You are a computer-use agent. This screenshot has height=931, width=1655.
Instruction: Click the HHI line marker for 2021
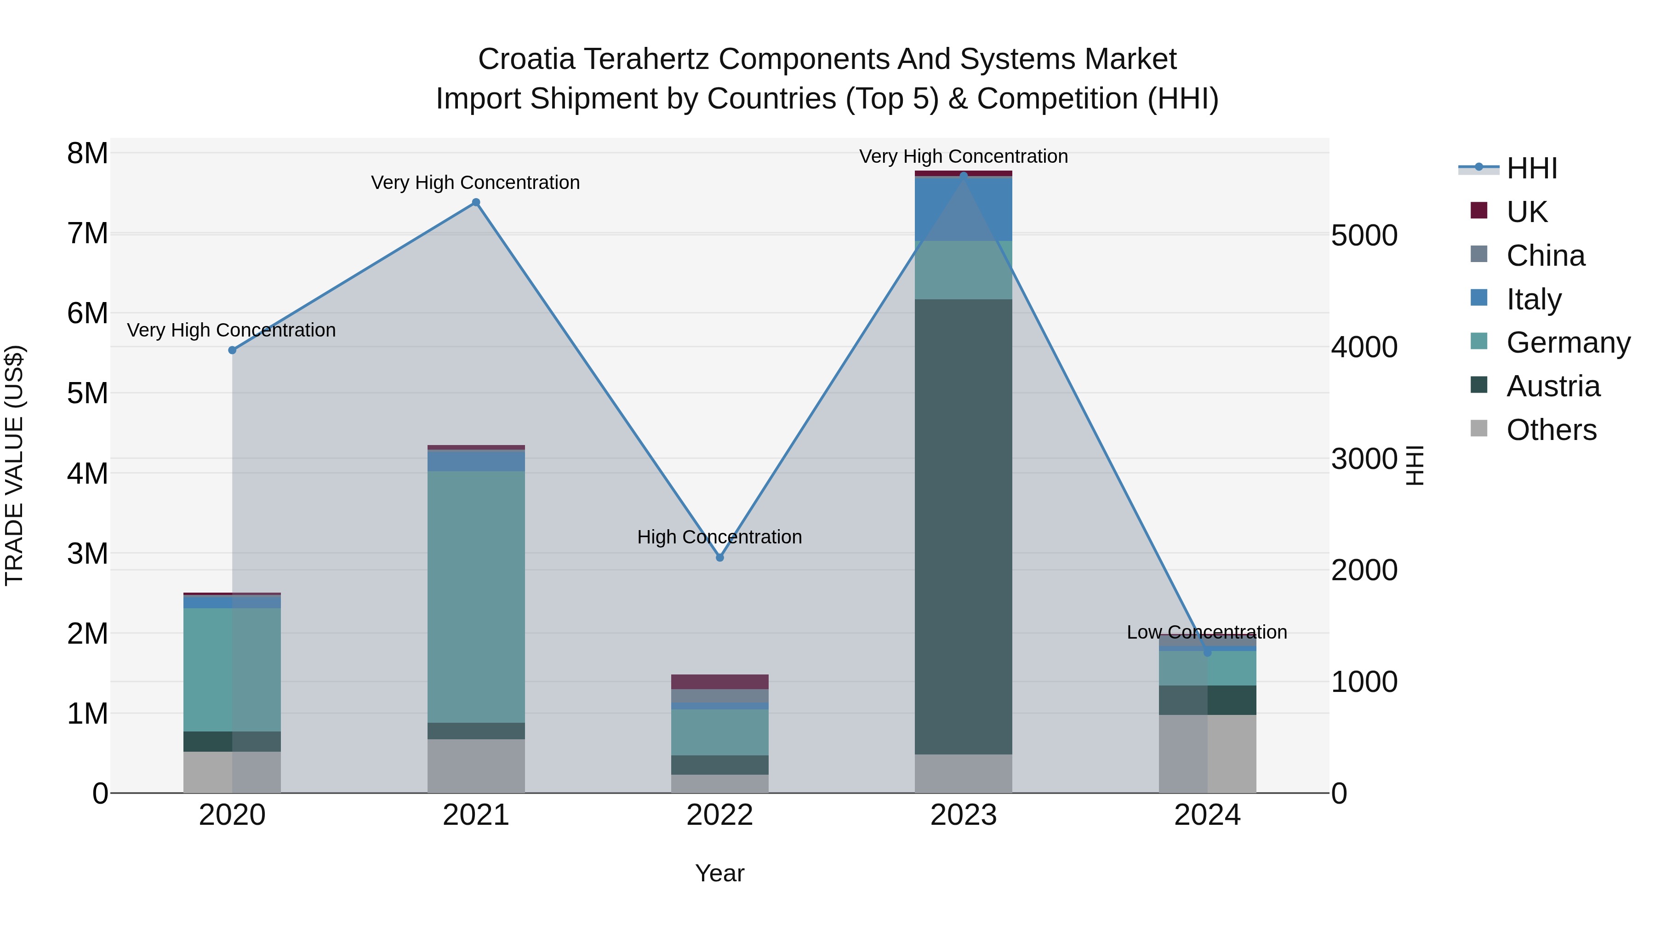click(476, 202)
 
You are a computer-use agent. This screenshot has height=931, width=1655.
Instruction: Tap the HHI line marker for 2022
click(719, 558)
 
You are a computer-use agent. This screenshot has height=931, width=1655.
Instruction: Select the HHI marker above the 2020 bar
click(233, 350)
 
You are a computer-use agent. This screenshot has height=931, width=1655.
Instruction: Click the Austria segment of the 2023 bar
click(963, 527)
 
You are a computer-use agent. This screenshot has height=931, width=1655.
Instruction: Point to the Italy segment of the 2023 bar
click(963, 209)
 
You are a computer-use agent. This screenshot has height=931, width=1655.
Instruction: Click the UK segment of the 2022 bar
click(719, 682)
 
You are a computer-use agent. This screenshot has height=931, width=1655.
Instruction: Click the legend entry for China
click(1545, 256)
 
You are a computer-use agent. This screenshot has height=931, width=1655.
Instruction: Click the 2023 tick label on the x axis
click(963, 815)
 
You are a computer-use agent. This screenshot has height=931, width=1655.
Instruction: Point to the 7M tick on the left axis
click(87, 233)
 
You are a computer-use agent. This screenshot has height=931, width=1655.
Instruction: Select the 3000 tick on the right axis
click(1364, 459)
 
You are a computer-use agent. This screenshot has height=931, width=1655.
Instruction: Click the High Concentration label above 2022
click(719, 537)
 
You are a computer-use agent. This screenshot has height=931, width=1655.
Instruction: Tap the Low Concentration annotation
click(1207, 632)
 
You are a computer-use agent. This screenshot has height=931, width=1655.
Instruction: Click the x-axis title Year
click(719, 873)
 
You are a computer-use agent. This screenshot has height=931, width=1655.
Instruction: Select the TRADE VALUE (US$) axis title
click(14, 465)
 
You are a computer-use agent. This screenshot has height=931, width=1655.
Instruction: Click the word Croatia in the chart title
click(526, 59)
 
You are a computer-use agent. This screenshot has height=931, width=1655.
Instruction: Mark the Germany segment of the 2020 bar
click(233, 669)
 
